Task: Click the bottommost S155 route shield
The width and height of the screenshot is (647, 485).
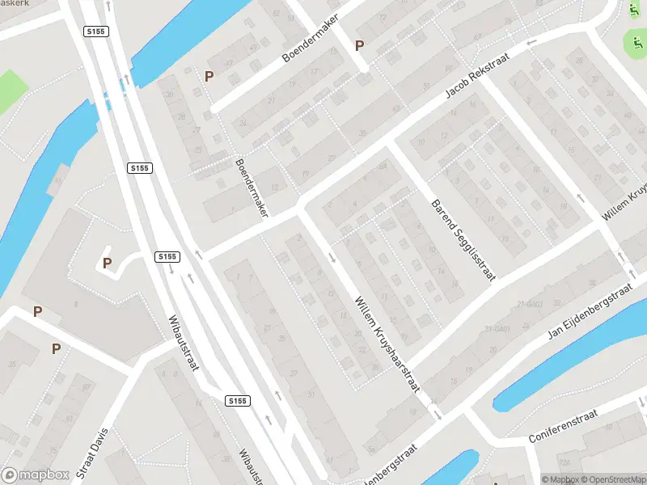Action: click(x=237, y=401)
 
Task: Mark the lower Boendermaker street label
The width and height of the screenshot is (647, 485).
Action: click(x=252, y=186)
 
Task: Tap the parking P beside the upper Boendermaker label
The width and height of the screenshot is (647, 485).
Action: click(x=360, y=45)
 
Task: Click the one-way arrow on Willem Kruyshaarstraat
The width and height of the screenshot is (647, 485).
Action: click(x=333, y=258)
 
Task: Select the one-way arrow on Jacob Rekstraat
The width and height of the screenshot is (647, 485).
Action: click(x=531, y=42)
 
